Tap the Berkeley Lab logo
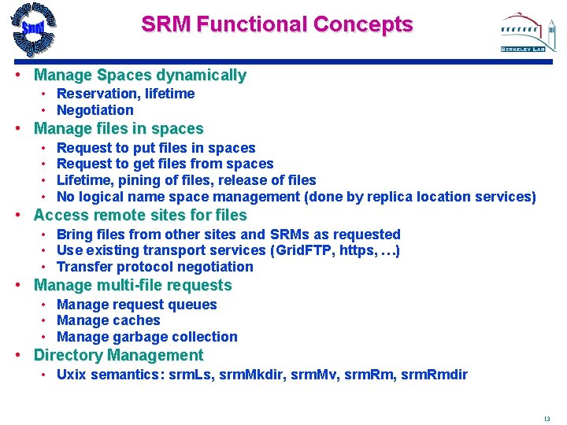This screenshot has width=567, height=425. point(522,32)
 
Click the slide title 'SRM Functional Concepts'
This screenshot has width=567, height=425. point(276,24)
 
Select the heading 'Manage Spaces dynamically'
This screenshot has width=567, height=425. point(140,76)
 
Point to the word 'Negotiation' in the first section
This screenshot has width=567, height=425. point(95,110)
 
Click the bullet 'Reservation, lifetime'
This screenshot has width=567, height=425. point(125,94)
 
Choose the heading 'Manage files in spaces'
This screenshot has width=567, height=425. point(119,128)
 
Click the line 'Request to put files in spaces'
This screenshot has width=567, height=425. point(156,148)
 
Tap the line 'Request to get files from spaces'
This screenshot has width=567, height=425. point(165,164)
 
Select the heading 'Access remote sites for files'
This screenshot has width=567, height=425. point(140,215)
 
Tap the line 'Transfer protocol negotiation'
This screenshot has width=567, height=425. point(154,267)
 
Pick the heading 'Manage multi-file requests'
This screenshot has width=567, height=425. point(133,285)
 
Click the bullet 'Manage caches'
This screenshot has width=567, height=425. point(108,320)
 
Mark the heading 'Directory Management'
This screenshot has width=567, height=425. point(118,355)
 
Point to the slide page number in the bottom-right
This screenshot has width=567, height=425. point(547,419)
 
